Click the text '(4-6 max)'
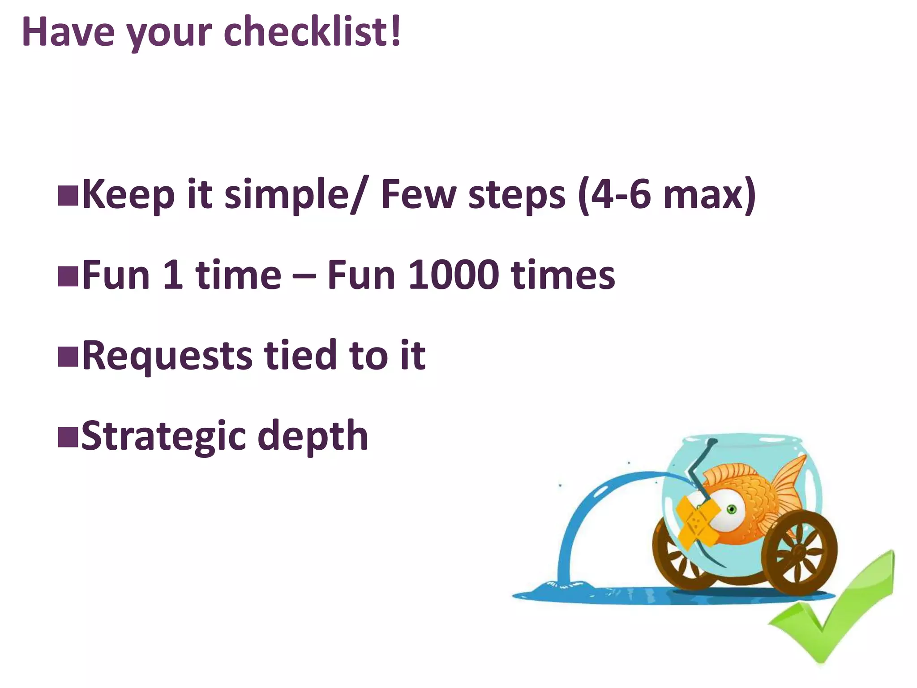point(667,194)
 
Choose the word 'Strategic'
point(163,436)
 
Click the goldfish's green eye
point(732,509)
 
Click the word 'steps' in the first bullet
point(517,195)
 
